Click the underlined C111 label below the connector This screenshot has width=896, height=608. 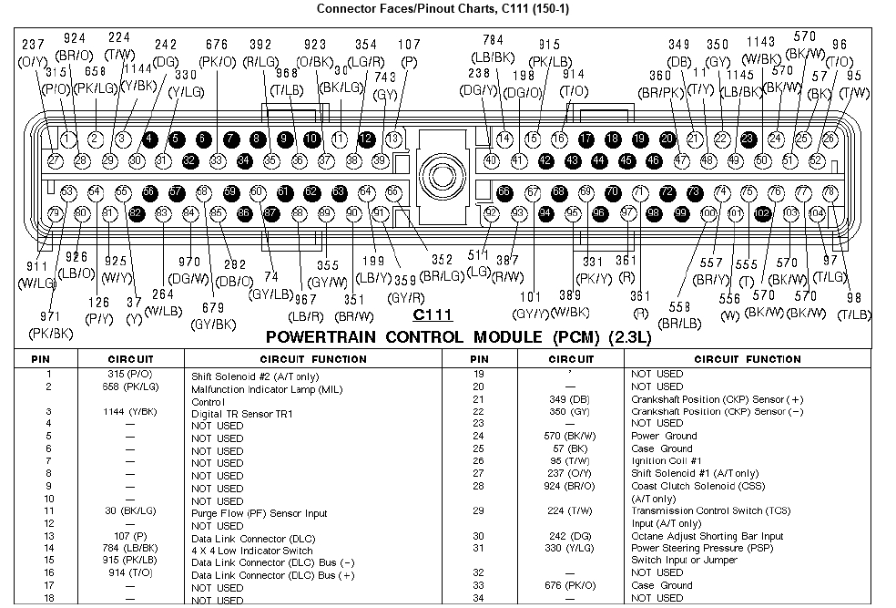click(432, 316)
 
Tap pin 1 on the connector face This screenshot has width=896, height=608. click(67, 139)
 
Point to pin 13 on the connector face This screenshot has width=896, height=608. click(392, 139)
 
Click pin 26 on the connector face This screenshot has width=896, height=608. click(830, 139)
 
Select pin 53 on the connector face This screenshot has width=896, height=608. click(67, 192)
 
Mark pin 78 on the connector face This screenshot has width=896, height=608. click(830, 192)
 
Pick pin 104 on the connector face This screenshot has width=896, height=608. click(817, 213)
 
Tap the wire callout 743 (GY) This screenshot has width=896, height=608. click(385, 87)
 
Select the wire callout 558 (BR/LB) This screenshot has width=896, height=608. click(680, 316)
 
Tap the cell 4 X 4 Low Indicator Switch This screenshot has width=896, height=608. click(251, 551)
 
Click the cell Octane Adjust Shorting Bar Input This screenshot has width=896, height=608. click(707, 536)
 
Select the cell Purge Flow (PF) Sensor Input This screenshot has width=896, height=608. click(259, 513)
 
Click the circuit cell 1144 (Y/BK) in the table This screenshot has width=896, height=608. click(130, 412)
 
